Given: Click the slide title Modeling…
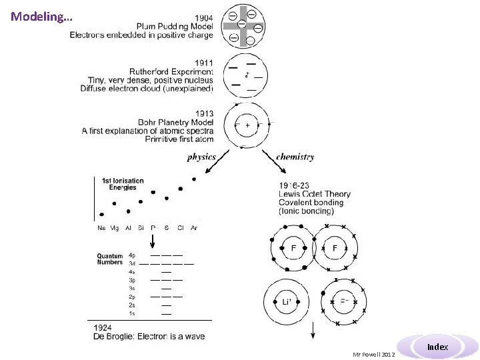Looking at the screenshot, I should pos(41,17).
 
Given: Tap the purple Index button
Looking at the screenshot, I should pos(437,347).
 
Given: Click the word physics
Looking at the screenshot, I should pos(201,157).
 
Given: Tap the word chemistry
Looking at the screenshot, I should pos(295,157).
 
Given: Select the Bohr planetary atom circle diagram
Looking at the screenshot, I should pos(247,125).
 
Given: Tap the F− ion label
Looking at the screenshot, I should pos(346,301).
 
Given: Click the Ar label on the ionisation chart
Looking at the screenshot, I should pos(193,227).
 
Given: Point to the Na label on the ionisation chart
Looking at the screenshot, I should pos(101,227).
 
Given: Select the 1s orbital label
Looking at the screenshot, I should pos(132,313).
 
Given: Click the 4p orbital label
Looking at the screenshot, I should pos(132,255).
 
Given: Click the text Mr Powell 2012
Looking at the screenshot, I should pos(374,354).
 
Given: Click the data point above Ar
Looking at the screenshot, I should pos(193,179).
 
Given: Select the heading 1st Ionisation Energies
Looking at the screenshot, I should pos(123,184).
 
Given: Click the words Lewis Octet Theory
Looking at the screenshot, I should pos(315,194).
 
